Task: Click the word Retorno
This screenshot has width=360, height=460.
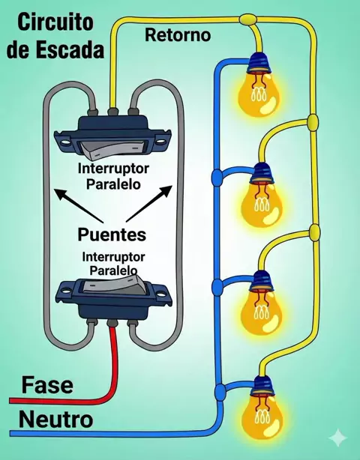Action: click(x=178, y=34)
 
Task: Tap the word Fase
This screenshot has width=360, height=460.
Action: click(x=47, y=385)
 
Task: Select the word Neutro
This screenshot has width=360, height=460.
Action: click(x=55, y=420)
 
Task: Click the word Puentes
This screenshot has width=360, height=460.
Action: click(x=112, y=234)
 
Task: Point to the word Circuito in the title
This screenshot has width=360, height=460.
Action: click(x=55, y=22)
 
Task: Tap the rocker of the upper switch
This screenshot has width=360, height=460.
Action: click(x=113, y=148)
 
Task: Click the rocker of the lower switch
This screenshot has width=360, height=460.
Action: click(x=114, y=284)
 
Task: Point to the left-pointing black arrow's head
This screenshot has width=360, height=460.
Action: click(x=61, y=194)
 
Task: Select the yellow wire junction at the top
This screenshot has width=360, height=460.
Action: click(x=248, y=19)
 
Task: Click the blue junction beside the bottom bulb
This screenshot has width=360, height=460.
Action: click(x=220, y=391)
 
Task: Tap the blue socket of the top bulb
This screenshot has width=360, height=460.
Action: click(x=259, y=62)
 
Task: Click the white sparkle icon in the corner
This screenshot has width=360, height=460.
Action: click(x=337, y=438)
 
